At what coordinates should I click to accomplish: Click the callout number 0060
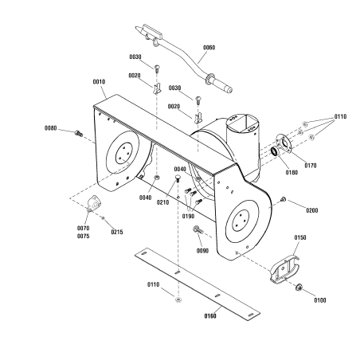coord(209,48)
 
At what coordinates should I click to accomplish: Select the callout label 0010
coord(99,82)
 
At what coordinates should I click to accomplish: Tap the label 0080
coord(50,128)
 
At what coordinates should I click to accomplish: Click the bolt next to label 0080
coord(79,133)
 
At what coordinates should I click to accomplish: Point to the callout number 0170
coord(311,166)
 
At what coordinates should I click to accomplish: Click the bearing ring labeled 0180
coord(274,151)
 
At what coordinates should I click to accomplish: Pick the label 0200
coord(312,210)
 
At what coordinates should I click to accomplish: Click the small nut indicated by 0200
coord(284,198)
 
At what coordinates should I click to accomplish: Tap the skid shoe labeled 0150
coord(284,268)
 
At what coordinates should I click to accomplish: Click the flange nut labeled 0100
coord(299,287)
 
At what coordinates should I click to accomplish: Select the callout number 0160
coord(210,316)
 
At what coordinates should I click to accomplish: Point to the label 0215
coord(117,232)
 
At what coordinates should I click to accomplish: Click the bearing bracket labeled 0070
coord(94,203)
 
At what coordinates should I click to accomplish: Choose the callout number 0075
coord(83,236)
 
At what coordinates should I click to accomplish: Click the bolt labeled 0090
coord(198,229)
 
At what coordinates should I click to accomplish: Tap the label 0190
coord(188,217)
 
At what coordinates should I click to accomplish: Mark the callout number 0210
coord(162,202)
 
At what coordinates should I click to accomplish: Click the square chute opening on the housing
coord(244,123)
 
